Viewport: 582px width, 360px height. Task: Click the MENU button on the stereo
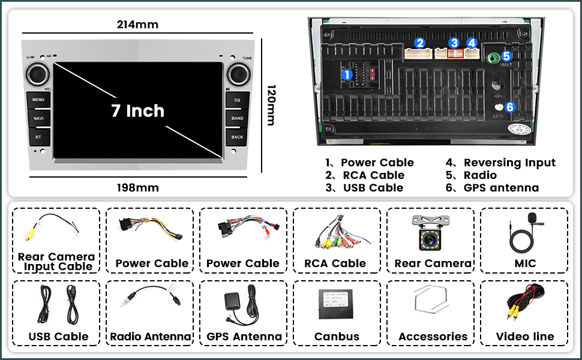pyautogui.click(x=38, y=100)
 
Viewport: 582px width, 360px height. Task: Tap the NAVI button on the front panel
pyautogui.click(x=38, y=118)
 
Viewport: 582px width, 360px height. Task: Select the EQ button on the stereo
pyautogui.click(x=238, y=100)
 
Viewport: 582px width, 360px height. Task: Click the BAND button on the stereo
pyautogui.click(x=238, y=118)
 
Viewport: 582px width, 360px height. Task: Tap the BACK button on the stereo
pyautogui.click(x=238, y=137)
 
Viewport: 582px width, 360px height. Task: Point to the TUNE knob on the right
pyautogui.click(x=238, y=74)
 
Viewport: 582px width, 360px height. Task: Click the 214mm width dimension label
pyautogui.click(x=137, y=25)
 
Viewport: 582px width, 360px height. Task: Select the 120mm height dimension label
pyautogui.click(x=271, y=104)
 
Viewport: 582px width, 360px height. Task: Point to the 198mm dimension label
pyautogui.click(x=137, y=188)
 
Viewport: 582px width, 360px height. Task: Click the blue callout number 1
pyautogui.click(x=347, y=75)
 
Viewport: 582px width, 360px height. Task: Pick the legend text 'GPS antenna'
pyautogui.click(x=501, y=188)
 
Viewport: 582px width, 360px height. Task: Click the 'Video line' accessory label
pyautogui.click(x=524, y=337)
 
